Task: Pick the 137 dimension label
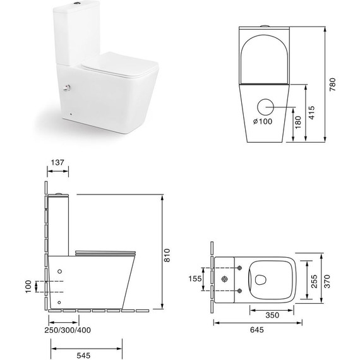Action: coord(57,163)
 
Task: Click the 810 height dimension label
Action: coord(168,253)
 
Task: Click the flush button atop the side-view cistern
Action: coord(59,193)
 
